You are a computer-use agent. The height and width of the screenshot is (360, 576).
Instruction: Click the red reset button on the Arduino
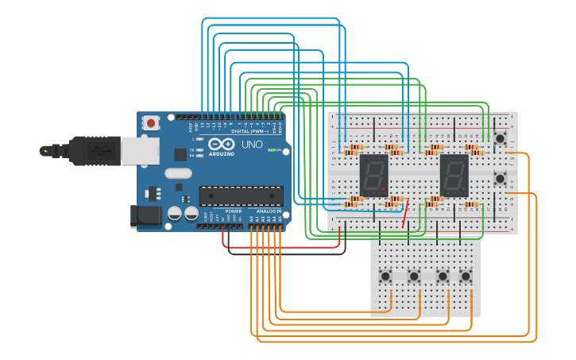point(150,123)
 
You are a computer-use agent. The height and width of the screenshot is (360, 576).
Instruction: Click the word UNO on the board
point(252,145)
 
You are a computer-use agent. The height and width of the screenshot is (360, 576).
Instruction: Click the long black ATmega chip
point(241,195)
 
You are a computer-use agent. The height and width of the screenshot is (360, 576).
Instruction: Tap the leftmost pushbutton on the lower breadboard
point(385,277)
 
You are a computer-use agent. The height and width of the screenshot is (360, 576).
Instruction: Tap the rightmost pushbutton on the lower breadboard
point(466,277)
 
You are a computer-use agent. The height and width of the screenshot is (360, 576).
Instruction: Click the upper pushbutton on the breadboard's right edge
point(500,138)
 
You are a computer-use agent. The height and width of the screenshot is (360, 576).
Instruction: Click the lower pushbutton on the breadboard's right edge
point(500,178)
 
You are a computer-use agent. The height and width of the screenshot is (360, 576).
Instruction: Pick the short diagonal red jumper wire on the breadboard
point(408,215)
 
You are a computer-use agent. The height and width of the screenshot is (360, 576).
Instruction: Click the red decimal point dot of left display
point(383,189)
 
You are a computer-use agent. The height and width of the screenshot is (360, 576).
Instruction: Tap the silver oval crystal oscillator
point(180,172)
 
